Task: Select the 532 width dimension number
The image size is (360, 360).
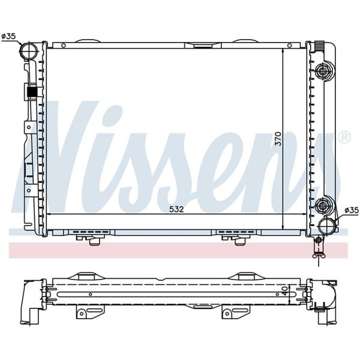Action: [x=175, y=209]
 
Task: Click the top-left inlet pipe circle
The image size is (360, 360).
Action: [x=27, y=52]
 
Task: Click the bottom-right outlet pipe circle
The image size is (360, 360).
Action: [x=327, y=227]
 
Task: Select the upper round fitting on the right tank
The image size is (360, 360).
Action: [x=324, y=72]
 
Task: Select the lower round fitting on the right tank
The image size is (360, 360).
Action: [x=324, y=206]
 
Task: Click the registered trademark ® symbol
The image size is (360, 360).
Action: [x=344, y=137]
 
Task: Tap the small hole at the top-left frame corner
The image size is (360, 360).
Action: [x=53, y=44]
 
